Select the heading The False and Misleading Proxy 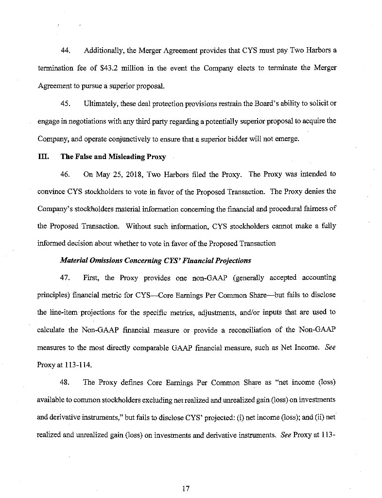(x=113, y=157)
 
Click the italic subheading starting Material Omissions (x=155, y=260)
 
